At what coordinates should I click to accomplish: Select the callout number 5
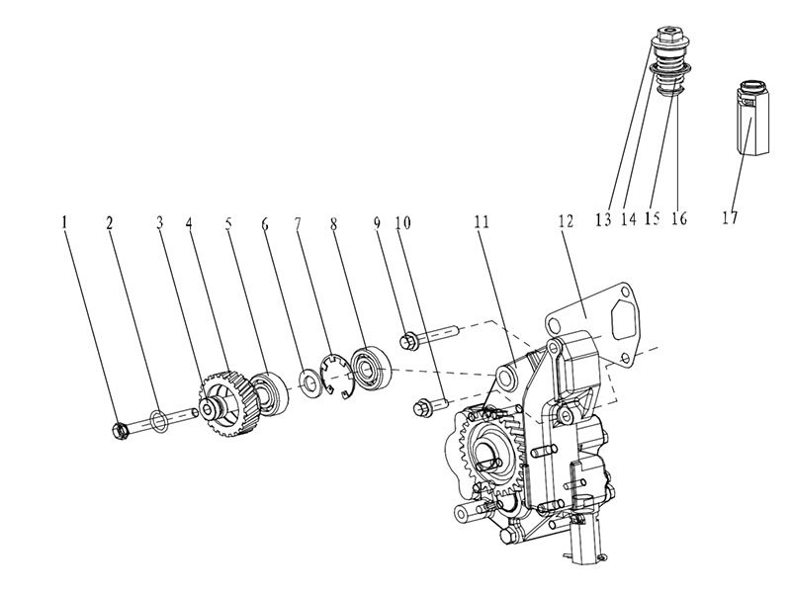pyautogui.click(x=230, y=225)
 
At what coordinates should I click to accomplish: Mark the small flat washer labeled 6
pyautogui.click(x=307, y=381)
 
